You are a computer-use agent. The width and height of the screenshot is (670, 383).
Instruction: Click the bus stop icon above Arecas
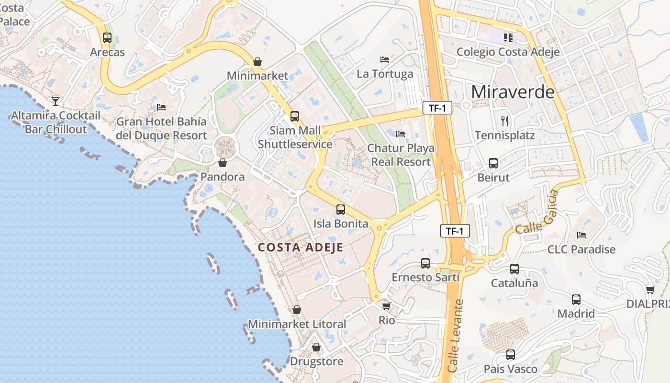pyautogui.click(x=107, y=38)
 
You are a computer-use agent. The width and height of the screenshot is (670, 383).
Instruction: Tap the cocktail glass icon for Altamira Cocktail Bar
pyautogui.click(x=56, y=101)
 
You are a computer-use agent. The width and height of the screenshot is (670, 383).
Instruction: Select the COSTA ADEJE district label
pyautogui.click(x=301, y=248)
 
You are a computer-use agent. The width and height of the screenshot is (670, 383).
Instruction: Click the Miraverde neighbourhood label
pyautogui.click(x=513, y=92)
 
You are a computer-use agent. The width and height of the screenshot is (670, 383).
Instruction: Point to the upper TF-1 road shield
pyautogui.click(x=437, y=108)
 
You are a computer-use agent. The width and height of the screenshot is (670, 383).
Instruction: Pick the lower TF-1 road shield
pyautogui.click(x=455, y=231)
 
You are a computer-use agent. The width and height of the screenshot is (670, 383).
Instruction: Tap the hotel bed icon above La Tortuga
pyautogui.click(x=385, y=60)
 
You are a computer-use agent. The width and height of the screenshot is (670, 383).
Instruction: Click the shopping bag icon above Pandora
pyautogui.click(x=223, y=163)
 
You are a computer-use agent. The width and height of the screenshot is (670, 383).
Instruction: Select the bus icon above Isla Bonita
pyautogui.click(x=341, y=209)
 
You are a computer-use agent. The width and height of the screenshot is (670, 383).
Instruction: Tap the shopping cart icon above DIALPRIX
pyautogui.click(x=650, y=290)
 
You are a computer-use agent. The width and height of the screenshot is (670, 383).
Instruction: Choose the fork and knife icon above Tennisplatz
pyautogui.click(x=505, y=121)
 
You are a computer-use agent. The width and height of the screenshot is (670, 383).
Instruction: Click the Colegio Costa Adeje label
pyautogui.click(x=508, y=52)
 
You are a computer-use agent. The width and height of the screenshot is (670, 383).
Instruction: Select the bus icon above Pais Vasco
pyautogui.click(x=511, y=355)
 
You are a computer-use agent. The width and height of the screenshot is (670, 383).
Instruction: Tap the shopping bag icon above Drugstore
pyautogui.click(x=316, y=347)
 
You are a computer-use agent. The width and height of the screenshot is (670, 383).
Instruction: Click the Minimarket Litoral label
pyautogui.click(x=297, y=324)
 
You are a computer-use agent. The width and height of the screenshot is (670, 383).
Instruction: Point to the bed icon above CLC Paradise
pyautogui.click(x=581, y=235)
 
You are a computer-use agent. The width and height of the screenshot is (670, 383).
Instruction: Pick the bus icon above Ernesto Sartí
pyautogui.click(x=425, y=263)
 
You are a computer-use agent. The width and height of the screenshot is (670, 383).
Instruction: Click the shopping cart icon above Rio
pyautogui.click(x=386, y=305)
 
